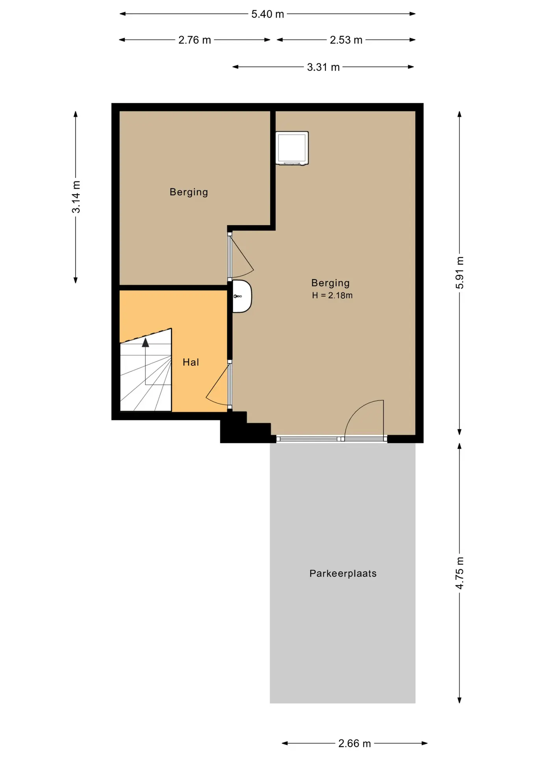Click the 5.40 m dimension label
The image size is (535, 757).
(x=267, y=14)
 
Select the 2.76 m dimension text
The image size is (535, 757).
(x=195, y=40)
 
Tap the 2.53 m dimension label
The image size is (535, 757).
(x=346, y=40)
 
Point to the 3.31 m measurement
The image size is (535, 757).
(x=323, y=67)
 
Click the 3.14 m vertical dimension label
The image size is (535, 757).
(x=76, y=197)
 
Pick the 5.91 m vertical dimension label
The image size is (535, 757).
(x=460, y=272)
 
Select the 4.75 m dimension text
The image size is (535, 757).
(x=460, y=573)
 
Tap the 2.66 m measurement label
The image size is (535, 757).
(x=355, y=744)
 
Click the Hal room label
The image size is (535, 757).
(x=191, y=362)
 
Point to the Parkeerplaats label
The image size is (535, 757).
(x=343, y=573)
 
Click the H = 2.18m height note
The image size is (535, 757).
(x=332, y=295)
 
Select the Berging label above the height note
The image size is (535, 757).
(x=330, y=283)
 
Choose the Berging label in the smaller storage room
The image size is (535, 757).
(x=189, y=192)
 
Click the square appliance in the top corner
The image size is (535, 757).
(x=292, y=148)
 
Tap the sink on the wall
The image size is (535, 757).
(x=241, y=296)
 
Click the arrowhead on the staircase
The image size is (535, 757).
(x=145, y=342)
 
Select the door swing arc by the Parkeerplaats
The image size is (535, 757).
(x=357, y=410)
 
